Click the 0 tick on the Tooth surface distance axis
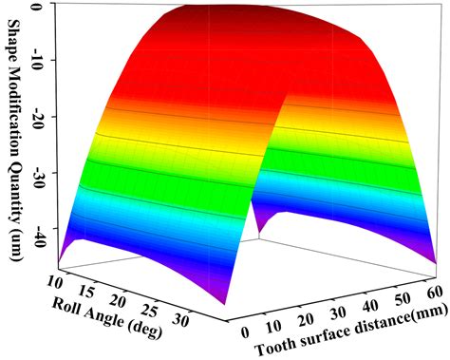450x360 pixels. click(x=246, y=332)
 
